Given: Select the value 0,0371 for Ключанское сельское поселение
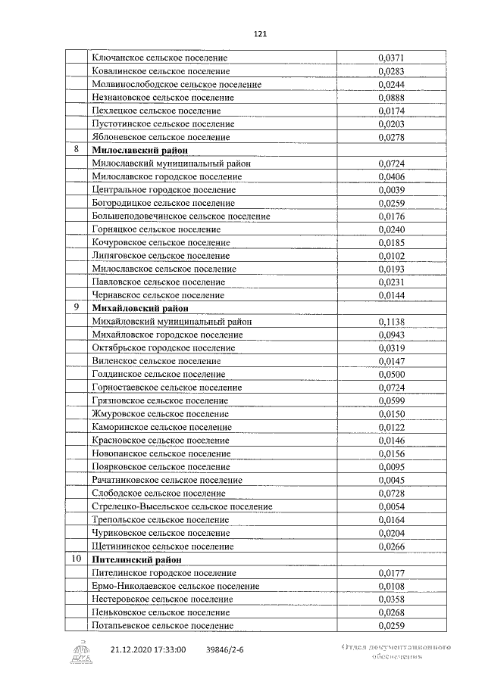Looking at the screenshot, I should (x=392, y=58).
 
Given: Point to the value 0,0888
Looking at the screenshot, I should (x=392, y=98).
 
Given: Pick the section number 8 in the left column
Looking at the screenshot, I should (x=76, y=150).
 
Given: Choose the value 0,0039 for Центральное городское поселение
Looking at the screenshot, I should (x=392, y=189).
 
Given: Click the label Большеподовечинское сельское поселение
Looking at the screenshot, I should (x=180, y=216).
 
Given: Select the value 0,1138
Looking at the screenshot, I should (x=392, y=322).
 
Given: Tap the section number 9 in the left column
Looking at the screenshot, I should (x=76, y=307).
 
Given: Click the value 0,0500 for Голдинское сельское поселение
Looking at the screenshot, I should (x=392, y=374).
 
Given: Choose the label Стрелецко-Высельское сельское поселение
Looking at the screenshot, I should (x=182, y=506).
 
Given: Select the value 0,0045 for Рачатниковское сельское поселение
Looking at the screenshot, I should (x=392, y=480).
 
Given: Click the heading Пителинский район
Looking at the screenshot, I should (x=136, y=559).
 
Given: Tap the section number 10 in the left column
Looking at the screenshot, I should (x=76, y=559).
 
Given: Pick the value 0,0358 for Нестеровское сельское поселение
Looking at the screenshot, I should (x=392, y=599).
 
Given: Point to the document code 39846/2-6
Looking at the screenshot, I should (x=226, y=649).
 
